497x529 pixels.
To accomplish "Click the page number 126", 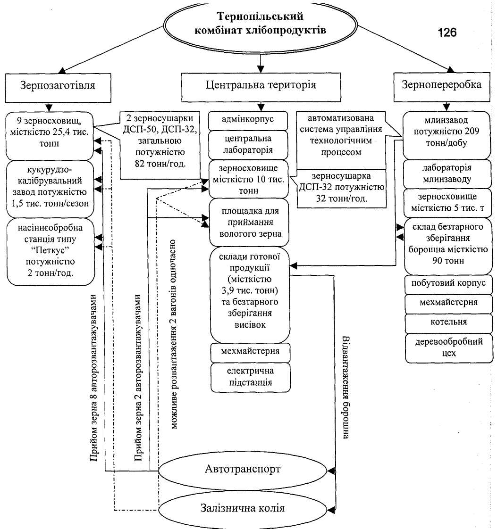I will [x=446, y=33].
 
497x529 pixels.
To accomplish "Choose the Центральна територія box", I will [x=261, y=85].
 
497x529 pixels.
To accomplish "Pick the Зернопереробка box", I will [x=441, y=85].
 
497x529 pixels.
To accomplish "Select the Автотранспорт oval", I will [x=243, y=469].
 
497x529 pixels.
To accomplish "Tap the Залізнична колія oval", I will [x=243, y=509].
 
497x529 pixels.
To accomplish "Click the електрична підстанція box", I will [x=250, y=377].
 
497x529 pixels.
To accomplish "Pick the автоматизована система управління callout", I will [x=340, y=135].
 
